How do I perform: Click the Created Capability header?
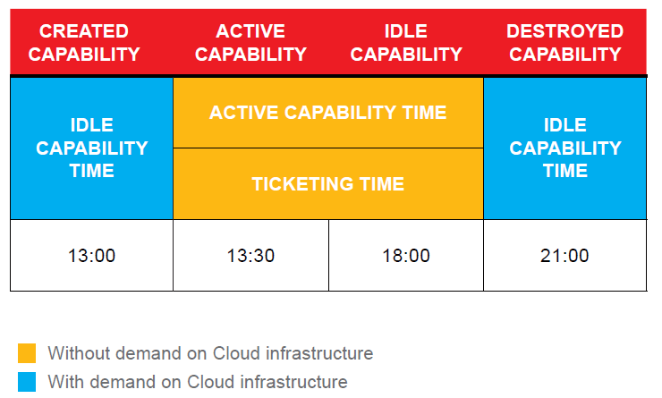[x=84, y=43]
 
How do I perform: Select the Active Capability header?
[x=250, y=43]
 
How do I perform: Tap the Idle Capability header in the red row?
[x=406, y=43]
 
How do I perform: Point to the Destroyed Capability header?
[x=564, y=43]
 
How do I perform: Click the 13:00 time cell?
[x=91, y=255]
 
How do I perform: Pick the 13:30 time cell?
[x=250, y=255]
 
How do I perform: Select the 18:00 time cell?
[x=406, y=255]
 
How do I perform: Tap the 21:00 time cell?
[x=564, y=255]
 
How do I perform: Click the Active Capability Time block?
[x=328, y=113]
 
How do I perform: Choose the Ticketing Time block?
[x=328, y=183]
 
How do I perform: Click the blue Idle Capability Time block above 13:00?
[x=91, y=148]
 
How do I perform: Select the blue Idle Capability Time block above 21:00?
[x=564, y=148]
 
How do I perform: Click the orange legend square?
[x=27, y=353]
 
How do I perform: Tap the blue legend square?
[x=27, y=382]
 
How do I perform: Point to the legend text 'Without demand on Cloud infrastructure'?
[x=210, y=353]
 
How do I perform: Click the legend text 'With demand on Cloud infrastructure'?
[x=198, y=382]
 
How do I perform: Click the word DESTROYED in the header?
[x=564, y=31]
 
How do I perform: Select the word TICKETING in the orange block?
[x=301, y=184]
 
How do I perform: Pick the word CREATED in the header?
[x=84, y=31]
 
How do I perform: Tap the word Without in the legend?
[x=79, y=353]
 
